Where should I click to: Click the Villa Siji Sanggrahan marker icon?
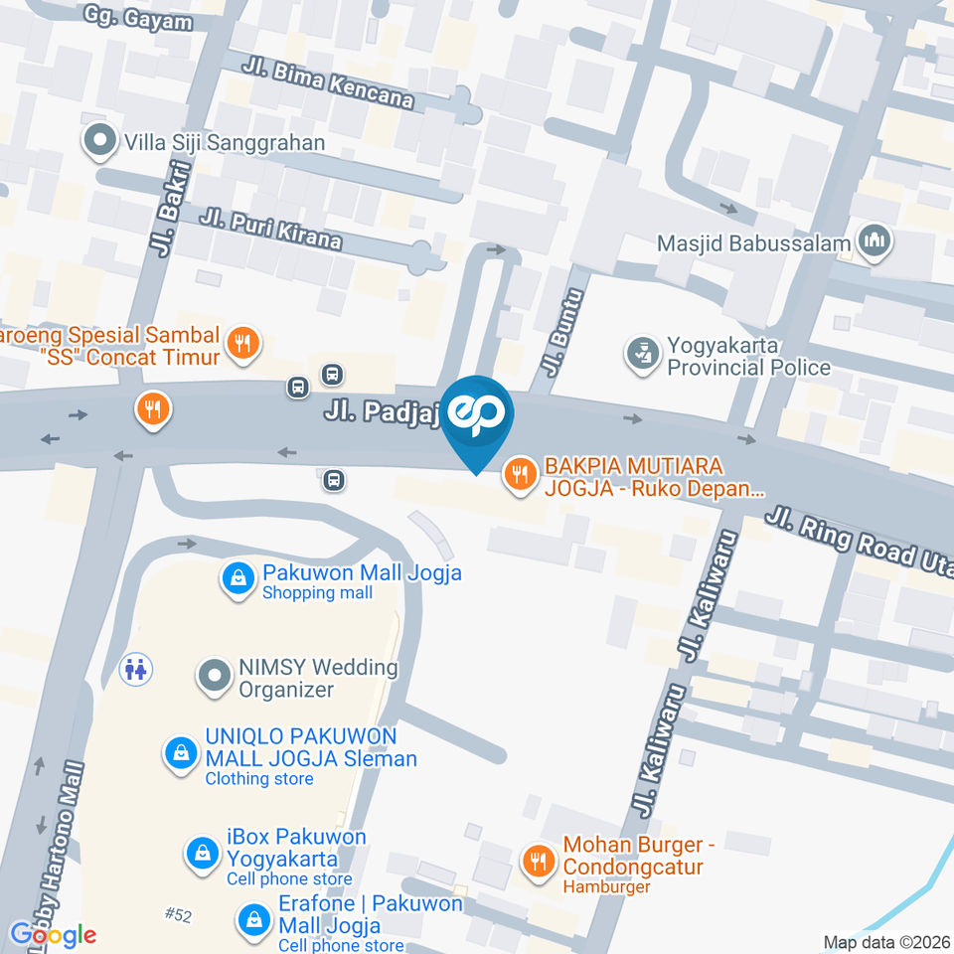(99, 142)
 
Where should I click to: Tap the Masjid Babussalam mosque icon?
(875, 242)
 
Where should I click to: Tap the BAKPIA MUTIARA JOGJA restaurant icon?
(518, 475)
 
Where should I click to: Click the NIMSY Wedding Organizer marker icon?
(213, 677)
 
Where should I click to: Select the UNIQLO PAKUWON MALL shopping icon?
(180, 752)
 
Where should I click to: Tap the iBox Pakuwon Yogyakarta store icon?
(203, 853)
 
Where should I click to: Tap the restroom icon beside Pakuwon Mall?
(134, 669)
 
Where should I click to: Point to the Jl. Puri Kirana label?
(270, 229)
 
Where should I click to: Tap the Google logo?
(53, 934)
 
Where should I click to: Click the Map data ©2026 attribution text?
(886, 942)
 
